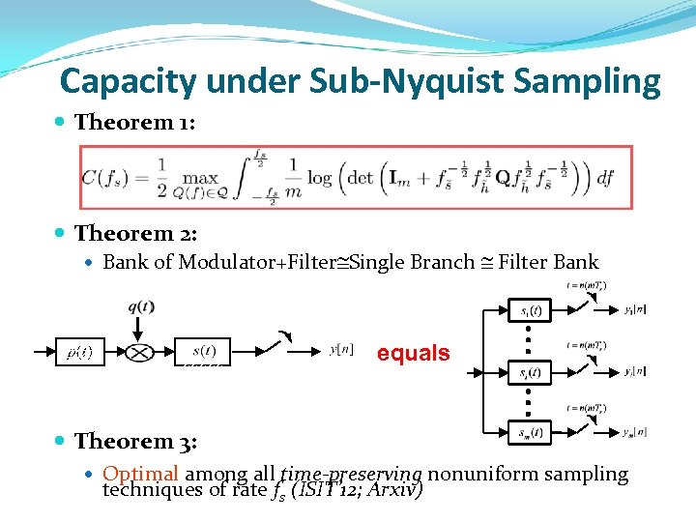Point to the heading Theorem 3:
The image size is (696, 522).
click(x=135, y=441)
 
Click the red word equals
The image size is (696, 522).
click(x=413, y=353)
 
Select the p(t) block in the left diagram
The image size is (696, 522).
click(x=79, y=352)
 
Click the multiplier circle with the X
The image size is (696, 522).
click(x=140, y=352)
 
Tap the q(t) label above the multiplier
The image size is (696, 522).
click(x=141, y=307)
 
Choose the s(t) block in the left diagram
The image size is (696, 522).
click(x=203, y=351)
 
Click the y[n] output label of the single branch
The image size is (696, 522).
click(x=341, y=350)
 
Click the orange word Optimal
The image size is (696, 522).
click(x=141, y=474)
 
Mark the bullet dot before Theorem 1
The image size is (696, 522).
click(x=62, y=123)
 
